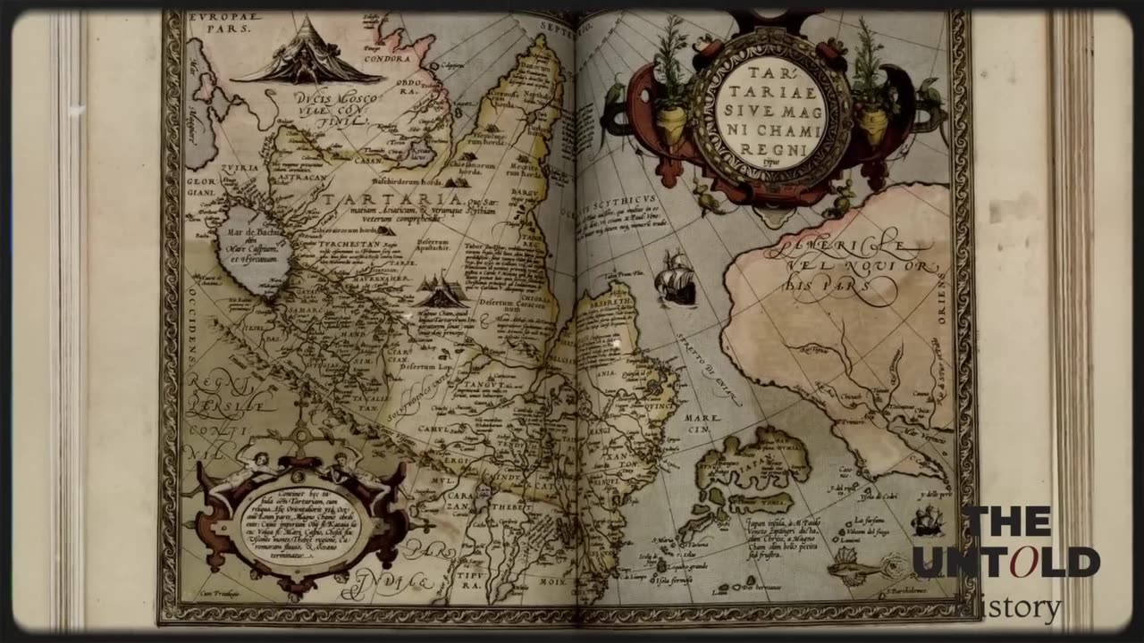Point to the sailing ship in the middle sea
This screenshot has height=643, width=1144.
tap(676, 279)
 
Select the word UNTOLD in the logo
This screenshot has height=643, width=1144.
tap(1006, 563)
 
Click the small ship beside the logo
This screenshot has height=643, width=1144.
tap(928, 520)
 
